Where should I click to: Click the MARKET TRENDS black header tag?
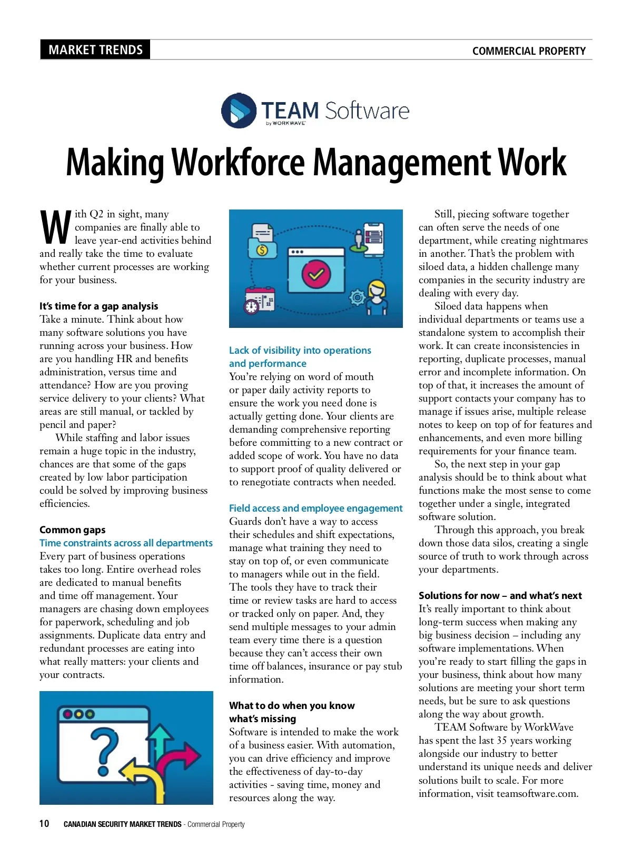click(x=95, y=50)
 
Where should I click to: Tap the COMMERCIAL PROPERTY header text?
click(x=529, y=51)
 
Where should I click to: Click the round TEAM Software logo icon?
click(x=239, y=111)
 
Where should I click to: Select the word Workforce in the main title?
click(x=239, y=162)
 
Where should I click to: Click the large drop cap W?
click(x=55, y=227)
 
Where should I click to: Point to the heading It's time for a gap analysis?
click(x=98, y=306)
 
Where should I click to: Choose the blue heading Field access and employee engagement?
click(x=315, y=508)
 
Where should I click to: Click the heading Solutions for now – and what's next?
click(x=500, y=595)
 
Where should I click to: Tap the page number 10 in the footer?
click(x=44, y=824)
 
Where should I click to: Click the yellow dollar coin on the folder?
click(x=262, y=250)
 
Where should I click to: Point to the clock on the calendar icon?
click(x=251, y=306)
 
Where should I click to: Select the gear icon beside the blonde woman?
click(x=358, y=298)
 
